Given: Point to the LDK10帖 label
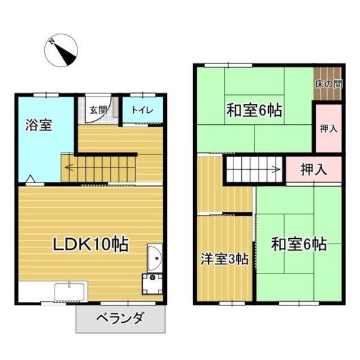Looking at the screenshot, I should (x=90, y=245).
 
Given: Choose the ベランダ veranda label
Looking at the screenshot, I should (x=119, y=319).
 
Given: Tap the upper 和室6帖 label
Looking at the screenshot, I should (x=254, y=110).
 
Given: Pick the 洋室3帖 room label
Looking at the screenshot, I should (x=224, y=259).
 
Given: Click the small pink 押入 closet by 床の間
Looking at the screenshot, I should (x=328, y=128).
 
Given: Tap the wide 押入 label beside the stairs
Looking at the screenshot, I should (x=313, y=169).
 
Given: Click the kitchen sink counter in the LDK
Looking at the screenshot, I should (x=70, y=292).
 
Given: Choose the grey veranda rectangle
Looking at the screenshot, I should (x=120, y=318).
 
